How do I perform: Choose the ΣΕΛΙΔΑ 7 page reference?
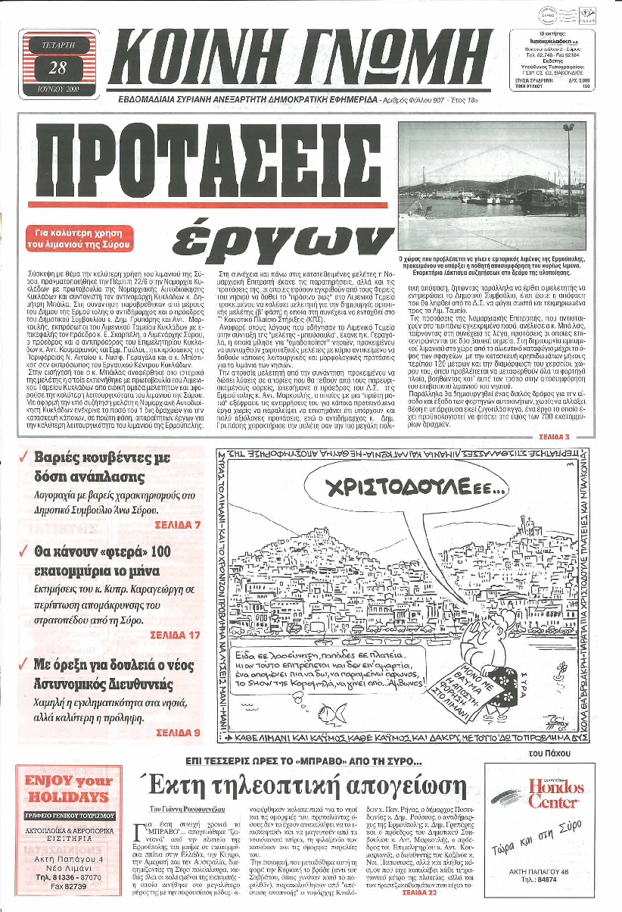179,524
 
